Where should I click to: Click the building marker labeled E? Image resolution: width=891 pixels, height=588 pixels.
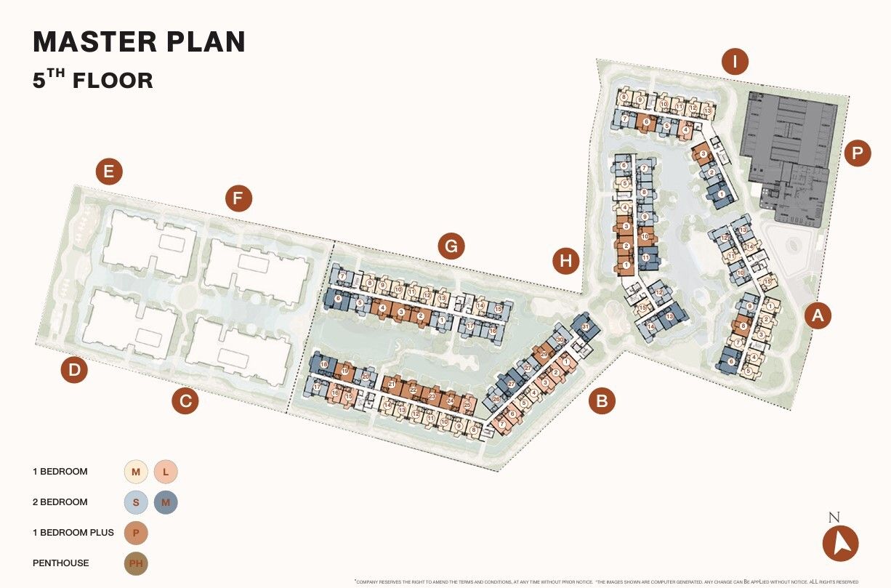(x=109, y=172)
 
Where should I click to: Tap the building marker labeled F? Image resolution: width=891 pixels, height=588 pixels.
(x=238, y=198)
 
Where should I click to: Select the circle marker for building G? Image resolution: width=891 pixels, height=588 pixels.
(x=451, y=247)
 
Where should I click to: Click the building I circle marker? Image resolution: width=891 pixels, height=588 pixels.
(x=735, y=63)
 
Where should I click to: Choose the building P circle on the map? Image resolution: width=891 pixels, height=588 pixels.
(x=858, y=153)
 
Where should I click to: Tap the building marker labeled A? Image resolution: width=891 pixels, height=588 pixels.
(x=818, y=315)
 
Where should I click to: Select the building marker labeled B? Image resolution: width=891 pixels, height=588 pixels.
(x=602, y=400)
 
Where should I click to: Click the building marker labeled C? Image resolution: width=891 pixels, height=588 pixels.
(x=185, y=400)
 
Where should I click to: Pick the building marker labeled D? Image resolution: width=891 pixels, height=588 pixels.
(x=74, y=371)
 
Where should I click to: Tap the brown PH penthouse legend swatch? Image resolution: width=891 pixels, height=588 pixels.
(x=136, y=563)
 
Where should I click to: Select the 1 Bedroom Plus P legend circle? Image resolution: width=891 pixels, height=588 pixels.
(x=136, y=533)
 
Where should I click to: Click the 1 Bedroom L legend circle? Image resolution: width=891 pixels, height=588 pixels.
(x=166, y=472)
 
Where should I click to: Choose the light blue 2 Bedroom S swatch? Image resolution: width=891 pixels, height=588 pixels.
(x=136, y=502)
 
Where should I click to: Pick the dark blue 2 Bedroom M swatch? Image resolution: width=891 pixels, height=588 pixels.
(x=166, y=502)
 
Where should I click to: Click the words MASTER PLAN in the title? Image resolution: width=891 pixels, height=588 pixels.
(x=140, y=41)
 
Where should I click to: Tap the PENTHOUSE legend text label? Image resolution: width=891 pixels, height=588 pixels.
(x=61, y=563)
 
